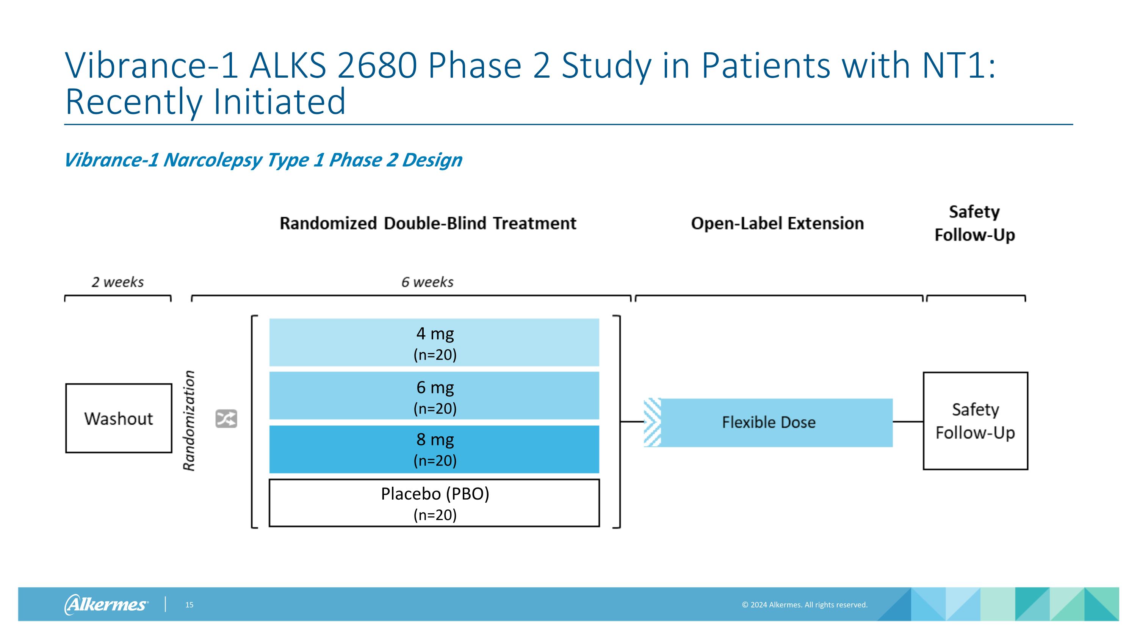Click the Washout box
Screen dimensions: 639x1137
(118, 418)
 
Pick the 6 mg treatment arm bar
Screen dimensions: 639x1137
(434, 395)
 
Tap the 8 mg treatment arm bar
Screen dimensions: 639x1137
(434, 449)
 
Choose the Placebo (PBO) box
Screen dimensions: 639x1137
(434, 503)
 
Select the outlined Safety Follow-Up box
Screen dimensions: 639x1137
(976, 421)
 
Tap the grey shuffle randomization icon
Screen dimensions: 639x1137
(226, 419)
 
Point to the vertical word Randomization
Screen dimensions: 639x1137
(189, 421)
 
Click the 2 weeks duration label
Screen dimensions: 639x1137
(117, 282)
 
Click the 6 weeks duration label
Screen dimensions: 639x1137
(427, 282)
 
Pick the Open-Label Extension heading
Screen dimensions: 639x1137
(777, 223)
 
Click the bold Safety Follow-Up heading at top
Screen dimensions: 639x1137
(974, 223)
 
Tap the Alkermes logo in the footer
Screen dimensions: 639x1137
(106, 604)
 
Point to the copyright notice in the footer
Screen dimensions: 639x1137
(804, 605)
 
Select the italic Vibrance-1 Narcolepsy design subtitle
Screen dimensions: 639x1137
(263, 159)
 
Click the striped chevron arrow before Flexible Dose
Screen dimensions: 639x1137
(652, 422)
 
